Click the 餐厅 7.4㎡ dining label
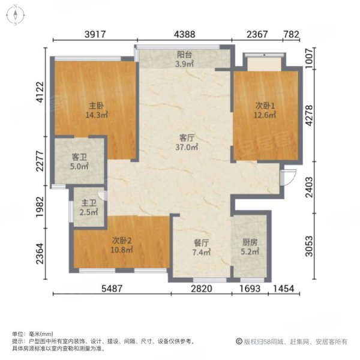201,248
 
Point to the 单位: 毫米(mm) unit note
32,334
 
